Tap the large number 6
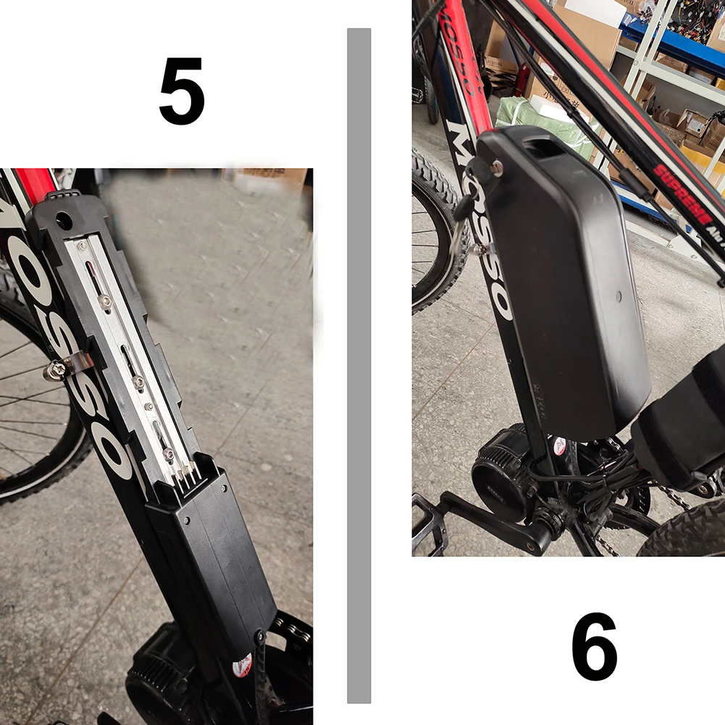point(594,647)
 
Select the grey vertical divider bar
point(359,366)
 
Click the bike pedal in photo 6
point(429,516)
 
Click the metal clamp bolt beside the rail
point(56,371)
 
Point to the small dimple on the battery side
point(618,296)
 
